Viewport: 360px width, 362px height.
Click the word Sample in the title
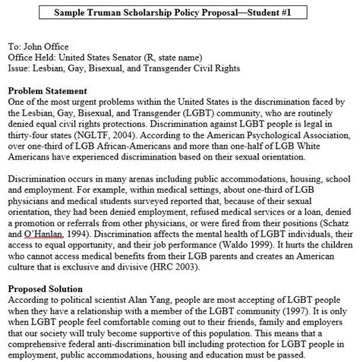point(75,13)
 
